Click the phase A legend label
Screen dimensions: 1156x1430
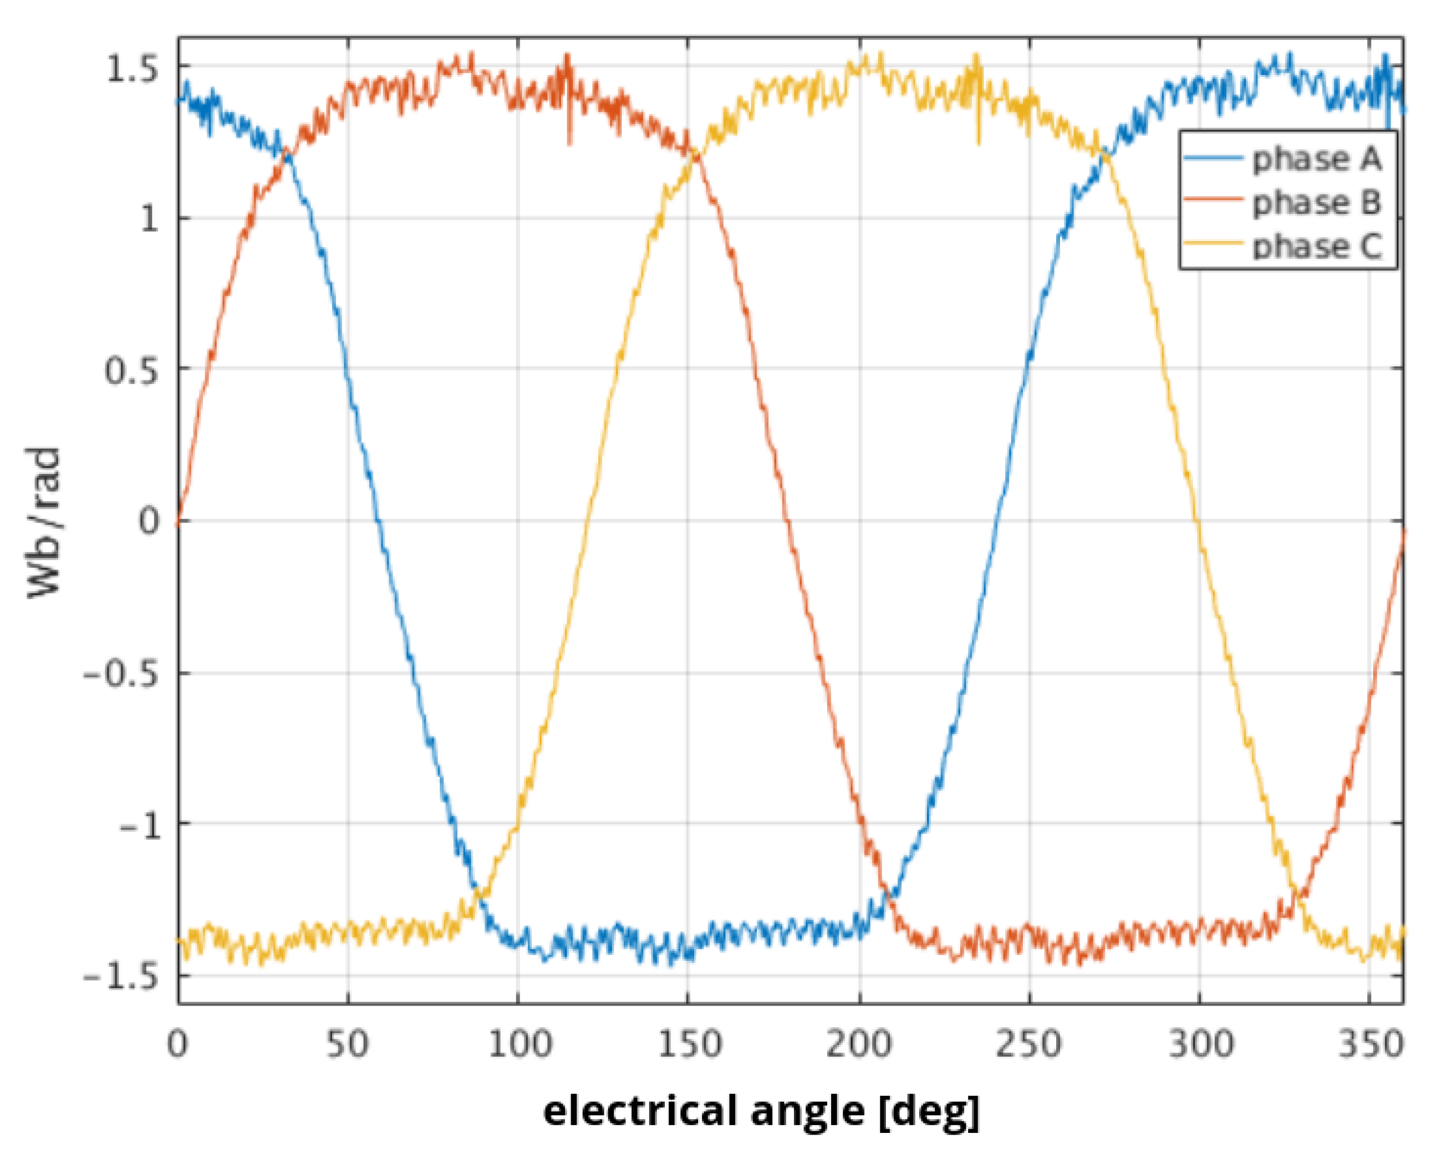[x=1317, y=160]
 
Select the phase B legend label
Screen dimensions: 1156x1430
[x=1317, y=203]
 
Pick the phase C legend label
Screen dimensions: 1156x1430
[x=1317, y=246]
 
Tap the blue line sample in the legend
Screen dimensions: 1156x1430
[x=1214, y=158]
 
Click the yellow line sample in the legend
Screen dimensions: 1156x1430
[x=1214, y=243]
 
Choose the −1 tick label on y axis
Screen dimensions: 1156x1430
[x=140, y=826]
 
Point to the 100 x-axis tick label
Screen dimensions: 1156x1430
[x=519, y=1044]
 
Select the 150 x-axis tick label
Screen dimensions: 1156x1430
[x=690, y=1044]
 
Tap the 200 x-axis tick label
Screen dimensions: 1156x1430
[x=859, y=1044]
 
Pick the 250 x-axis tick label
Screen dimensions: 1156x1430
[x=1029, y=1044]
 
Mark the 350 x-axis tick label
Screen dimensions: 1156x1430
[x=1371, y=1044]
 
